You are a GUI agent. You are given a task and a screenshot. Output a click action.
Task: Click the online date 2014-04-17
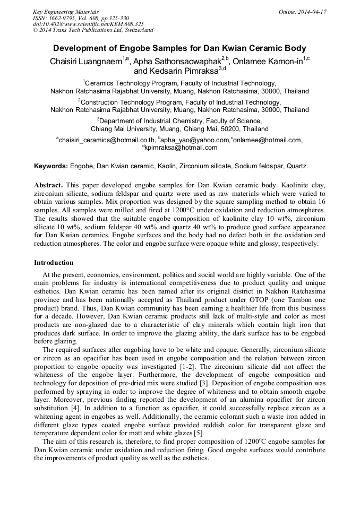click(x=311, y=12)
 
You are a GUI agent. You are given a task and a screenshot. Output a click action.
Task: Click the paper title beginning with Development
click(x=179, y=48)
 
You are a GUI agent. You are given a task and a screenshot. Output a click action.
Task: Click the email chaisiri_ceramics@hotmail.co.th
click(x=102, y=140)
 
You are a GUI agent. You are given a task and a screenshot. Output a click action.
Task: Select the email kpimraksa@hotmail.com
click(x=181, y=148)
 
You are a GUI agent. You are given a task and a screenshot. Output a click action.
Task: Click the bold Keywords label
click(x=51, y=166)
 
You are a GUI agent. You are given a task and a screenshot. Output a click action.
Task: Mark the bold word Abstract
click(x=48, y=185)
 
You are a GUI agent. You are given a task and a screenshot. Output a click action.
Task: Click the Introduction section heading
click(x=54, y=263)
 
